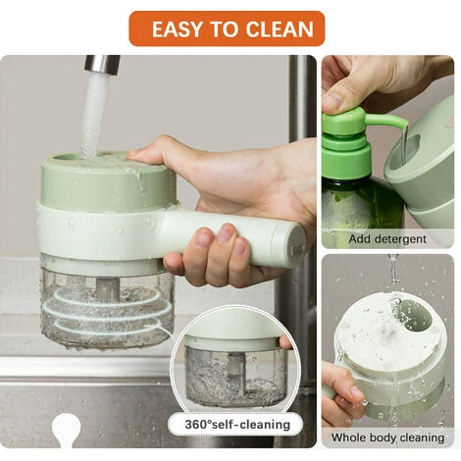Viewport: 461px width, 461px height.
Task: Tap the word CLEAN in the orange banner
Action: point(280,29)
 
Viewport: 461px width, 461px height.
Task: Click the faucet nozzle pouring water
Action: point(101,63)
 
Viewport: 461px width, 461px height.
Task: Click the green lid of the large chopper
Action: point(109,181)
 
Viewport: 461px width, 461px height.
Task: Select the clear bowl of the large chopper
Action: point(107,301)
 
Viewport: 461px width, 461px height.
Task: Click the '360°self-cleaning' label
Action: point(237,425)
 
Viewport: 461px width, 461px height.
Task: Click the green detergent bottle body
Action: point(360,206)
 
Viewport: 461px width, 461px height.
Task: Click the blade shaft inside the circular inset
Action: point(236,371)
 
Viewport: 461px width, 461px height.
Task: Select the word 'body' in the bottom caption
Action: point(386,437)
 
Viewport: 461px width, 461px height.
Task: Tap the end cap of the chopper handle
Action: point(297,243)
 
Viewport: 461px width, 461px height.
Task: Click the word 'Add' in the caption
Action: point(359,238)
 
